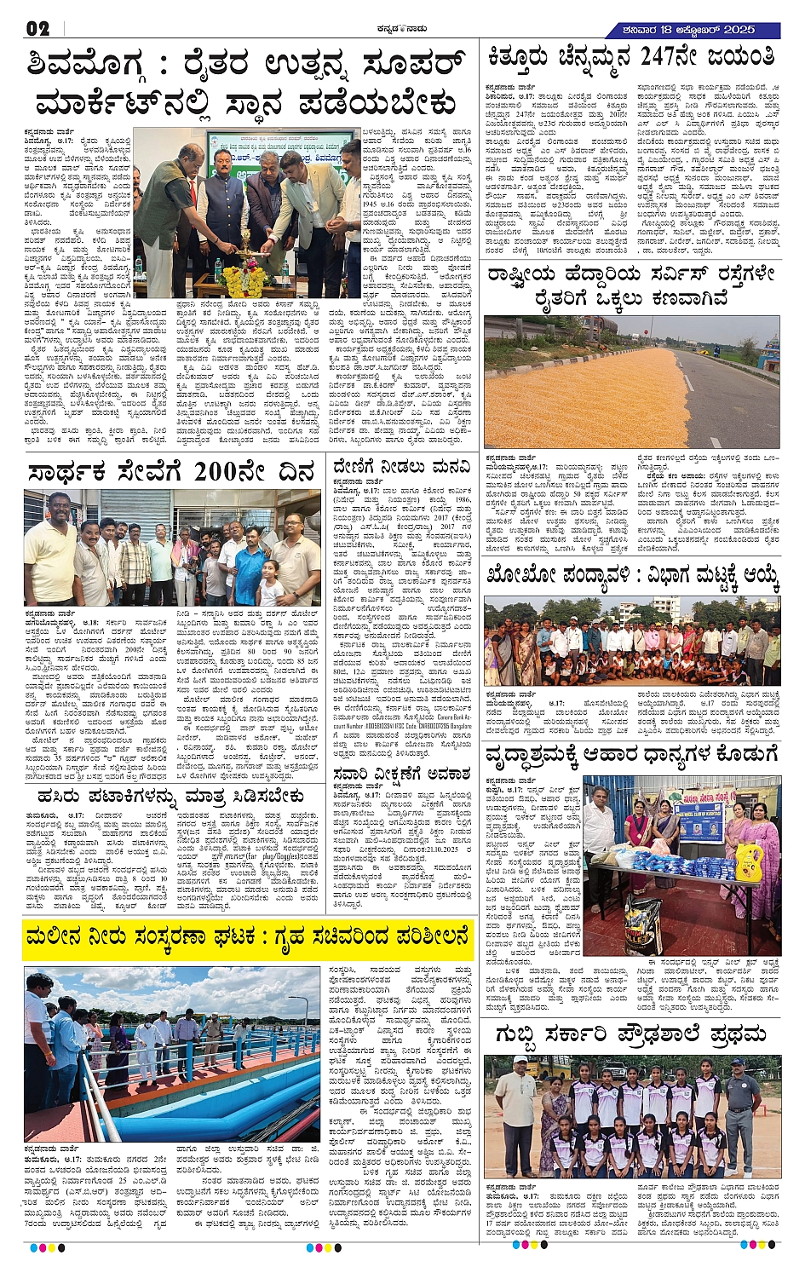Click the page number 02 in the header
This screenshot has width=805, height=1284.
coord(37,28)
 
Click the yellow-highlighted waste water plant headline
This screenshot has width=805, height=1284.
coord(247,937)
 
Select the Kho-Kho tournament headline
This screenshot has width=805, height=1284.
coord(632,578)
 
